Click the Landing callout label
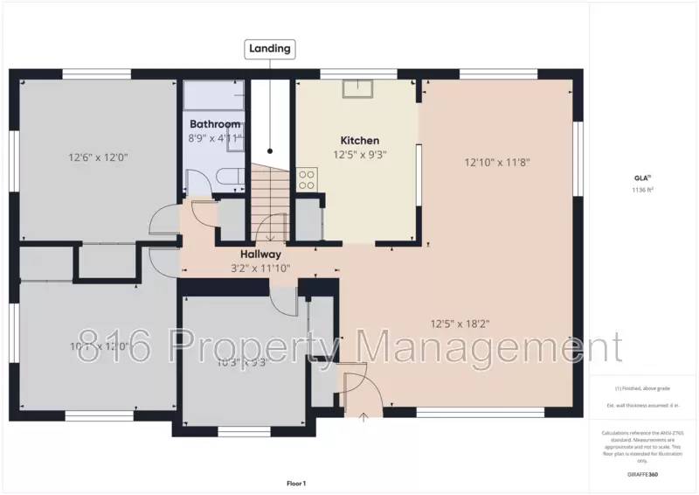click(269, 48)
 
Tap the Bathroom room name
click(214, 124)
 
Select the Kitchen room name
click(359, 140)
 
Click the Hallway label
click(260, 254)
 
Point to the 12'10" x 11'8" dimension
click(497, 162)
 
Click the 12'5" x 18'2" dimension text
click(460, 324)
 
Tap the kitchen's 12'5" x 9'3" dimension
click(359, 155)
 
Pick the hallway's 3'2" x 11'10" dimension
click(260, 268)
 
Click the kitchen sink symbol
click(356, 88)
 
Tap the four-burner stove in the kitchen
click(307, 179)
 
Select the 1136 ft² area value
click(643, 189)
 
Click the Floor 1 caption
click(296, 483)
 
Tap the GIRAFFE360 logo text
click(643, 475)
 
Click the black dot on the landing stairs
click(270, 150)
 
